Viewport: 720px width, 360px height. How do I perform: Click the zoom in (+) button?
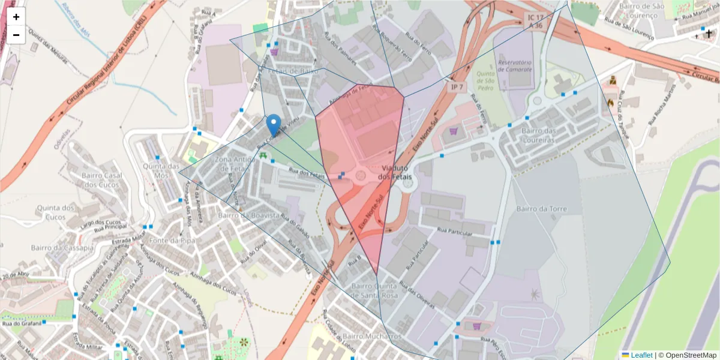(x=16, y=17)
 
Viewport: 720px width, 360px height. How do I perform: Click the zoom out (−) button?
(x=16, y=35)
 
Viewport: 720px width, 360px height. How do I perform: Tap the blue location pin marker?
(x=274, y=125)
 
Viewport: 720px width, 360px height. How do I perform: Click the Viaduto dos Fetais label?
(x=396, y=172)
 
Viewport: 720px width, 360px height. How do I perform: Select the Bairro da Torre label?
(x=541, y=209)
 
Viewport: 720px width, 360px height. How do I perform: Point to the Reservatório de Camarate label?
(x=515, y=65)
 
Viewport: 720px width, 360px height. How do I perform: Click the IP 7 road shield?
(x=458, y=87)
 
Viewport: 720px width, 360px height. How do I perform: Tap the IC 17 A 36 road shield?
(x=535, y=21)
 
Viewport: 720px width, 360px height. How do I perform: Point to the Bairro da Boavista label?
(x=249, y=215)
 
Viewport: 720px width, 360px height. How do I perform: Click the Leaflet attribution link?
(x=641, y=355)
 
